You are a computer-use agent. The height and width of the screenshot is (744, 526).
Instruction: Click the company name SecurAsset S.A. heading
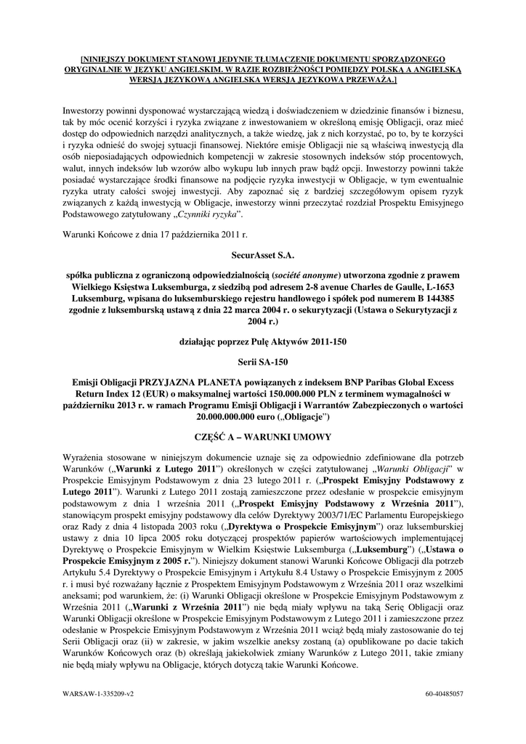pos(263,256)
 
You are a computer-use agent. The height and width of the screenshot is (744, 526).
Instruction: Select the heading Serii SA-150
pos(263,360)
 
